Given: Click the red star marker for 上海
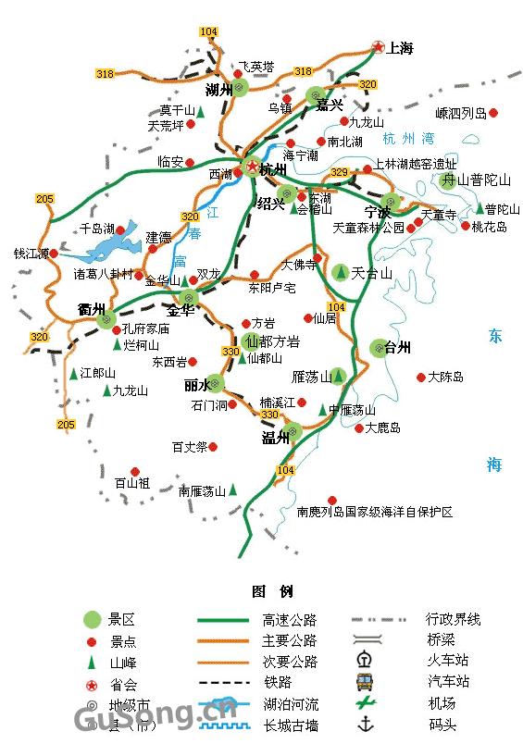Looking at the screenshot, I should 378,46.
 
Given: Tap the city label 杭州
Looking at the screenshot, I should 273,170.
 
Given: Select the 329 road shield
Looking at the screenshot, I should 340,173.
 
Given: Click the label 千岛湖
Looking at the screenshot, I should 96,229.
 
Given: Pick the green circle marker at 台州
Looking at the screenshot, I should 378,348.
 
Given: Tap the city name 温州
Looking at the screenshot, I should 276,439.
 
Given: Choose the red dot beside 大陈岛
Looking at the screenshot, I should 422,378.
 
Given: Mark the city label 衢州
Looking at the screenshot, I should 92,309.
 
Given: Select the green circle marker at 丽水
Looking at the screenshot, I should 216,382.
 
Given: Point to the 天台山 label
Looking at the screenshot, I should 372,273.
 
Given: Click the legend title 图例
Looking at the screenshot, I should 271,591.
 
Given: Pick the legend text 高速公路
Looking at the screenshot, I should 290,620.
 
